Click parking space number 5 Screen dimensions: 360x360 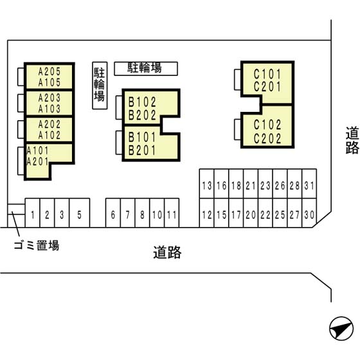[80, 213]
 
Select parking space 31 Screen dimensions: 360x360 [309, 184]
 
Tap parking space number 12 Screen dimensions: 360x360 [207, 213]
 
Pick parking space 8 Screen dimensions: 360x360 [142, 213]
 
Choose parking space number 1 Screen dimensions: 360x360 [33, 213]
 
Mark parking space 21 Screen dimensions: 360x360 [251, 184]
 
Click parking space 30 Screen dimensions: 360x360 [309, 213]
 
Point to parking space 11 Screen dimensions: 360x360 [172, 213]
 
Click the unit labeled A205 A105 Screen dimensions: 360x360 [50, 76]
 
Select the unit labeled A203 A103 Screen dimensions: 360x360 [50, 103]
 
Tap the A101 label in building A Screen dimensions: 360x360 [37, 151]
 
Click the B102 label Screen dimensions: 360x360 [142, 102]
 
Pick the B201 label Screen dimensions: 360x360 [142, 150]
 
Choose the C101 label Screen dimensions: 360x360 [267, 74]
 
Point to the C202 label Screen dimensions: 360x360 [267, 138]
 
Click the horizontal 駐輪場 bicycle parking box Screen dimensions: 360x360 [146, 69]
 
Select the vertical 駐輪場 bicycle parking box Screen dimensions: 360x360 [100, 85]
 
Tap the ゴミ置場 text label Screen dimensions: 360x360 [37, 245]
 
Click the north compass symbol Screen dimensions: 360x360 [341, 328]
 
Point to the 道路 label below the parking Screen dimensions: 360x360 [167, 252]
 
